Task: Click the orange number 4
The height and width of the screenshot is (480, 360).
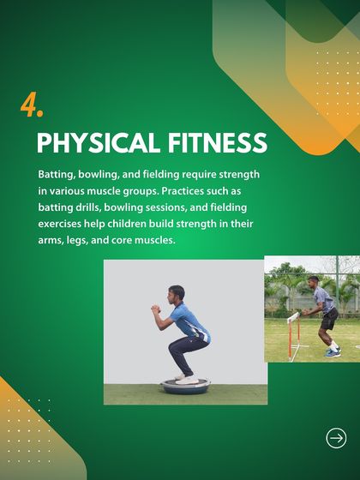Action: [x=31, y=105]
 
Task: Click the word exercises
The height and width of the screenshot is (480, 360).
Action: [x=62, y=224]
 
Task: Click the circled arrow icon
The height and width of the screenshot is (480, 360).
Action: [x=337, y=438]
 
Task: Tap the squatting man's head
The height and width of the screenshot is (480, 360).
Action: [x=177, y=294]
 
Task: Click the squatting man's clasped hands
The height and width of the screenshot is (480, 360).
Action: [x=154, y=309]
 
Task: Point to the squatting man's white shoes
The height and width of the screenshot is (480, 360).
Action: [x=185, y=375]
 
